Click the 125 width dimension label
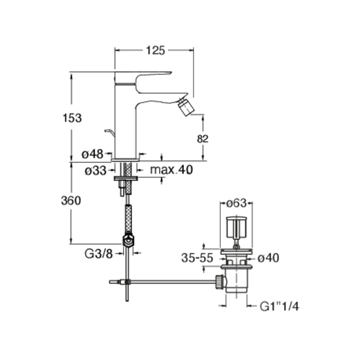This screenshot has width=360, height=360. coord(155,50)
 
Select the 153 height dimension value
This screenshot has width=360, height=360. coord(72,118)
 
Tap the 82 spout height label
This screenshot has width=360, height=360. coord(202,139)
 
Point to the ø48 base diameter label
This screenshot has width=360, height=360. coord(93,154)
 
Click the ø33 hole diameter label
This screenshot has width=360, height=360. coord(96,171)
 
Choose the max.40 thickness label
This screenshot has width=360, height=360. coord(171,170)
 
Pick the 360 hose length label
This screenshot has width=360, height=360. coord(71,201)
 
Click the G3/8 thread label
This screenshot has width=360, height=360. coord(99,254)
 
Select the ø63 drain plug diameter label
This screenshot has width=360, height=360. coord(236,203)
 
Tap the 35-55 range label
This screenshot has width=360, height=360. coord(197,258)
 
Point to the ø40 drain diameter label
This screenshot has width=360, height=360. coord(268,258)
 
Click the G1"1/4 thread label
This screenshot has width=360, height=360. coord(279,306)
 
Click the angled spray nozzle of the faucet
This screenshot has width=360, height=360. coord(186,106)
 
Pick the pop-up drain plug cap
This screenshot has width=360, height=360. coord(236,228)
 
